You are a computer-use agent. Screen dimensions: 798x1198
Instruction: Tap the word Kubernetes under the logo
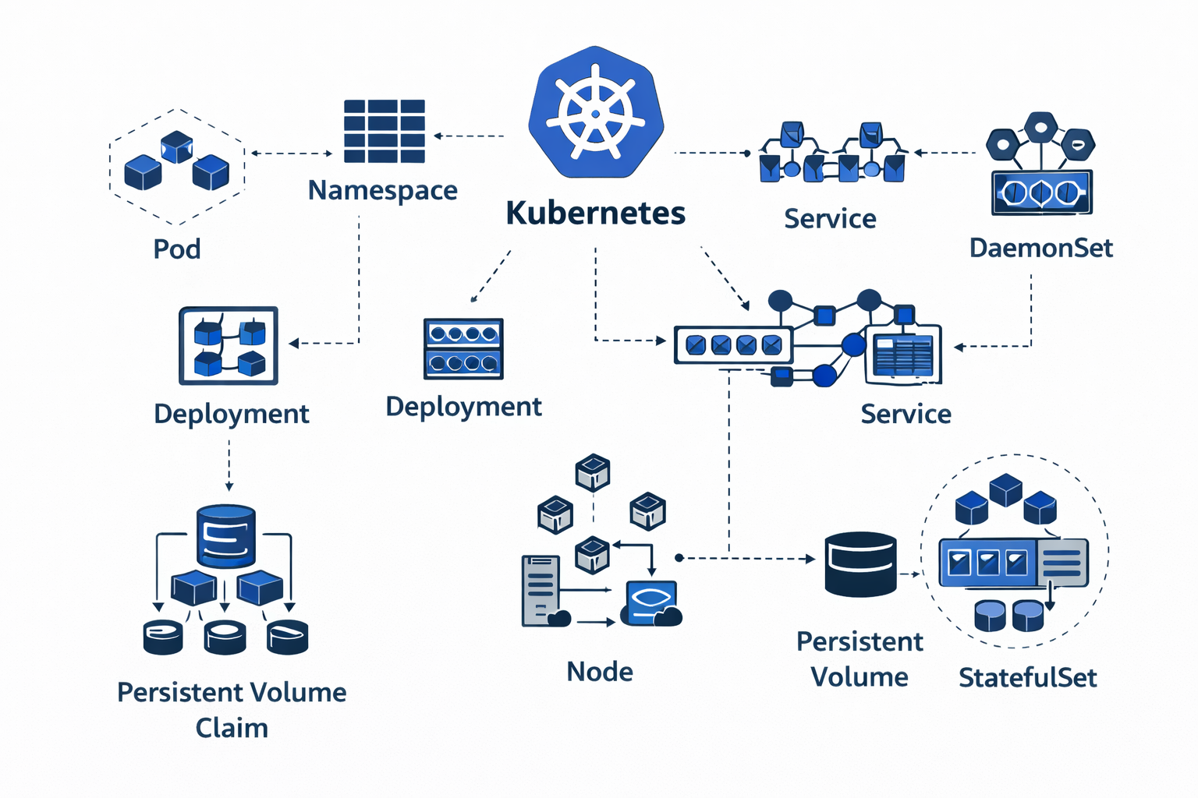pyautogui.click(x=596, y=213)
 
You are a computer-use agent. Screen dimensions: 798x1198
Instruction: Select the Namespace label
pyautogui.click(x=382, y=190)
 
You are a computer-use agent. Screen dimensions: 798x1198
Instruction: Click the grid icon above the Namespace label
pyautogui.click(x=385, y=131)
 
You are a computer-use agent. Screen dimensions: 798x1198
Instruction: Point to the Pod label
pyautogui.click(x=177, y=249)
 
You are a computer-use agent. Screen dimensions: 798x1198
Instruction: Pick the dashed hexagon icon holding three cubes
pyautogui.click(x=177, y=167)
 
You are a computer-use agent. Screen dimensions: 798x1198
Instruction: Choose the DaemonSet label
pyautogui.click(x=1040, y=248)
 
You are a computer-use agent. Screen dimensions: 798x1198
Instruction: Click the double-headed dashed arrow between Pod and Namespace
pyautogui.click(x=292, y=154)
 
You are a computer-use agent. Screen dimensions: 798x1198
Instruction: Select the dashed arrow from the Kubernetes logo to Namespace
pyautogui.click(x=469, y=136)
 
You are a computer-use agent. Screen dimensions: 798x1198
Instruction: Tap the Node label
pyautogui.click(x=599, y=672)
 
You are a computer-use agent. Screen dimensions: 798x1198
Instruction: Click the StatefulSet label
pyautogui.click(x=1027, y=678)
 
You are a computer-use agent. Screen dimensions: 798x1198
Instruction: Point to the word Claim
pyautogui.click(x=232, y=728)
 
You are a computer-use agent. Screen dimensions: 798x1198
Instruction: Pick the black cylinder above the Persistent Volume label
pyautogui.click(x=860, y=564)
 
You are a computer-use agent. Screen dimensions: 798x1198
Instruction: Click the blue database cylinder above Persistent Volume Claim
pyautogui.click(x=226, y=536)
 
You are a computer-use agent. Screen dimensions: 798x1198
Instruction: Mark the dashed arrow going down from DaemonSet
pyautogui.click(x=1030, y=312)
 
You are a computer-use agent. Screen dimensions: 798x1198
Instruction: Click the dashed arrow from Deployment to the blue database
pyautogui.click(x=229, y=464)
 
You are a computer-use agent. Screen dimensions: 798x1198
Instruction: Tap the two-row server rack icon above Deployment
pyautogui.click(x=463, y=348)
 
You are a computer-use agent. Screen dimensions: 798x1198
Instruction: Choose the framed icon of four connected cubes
pyautogui.click(x=229, y=345)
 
